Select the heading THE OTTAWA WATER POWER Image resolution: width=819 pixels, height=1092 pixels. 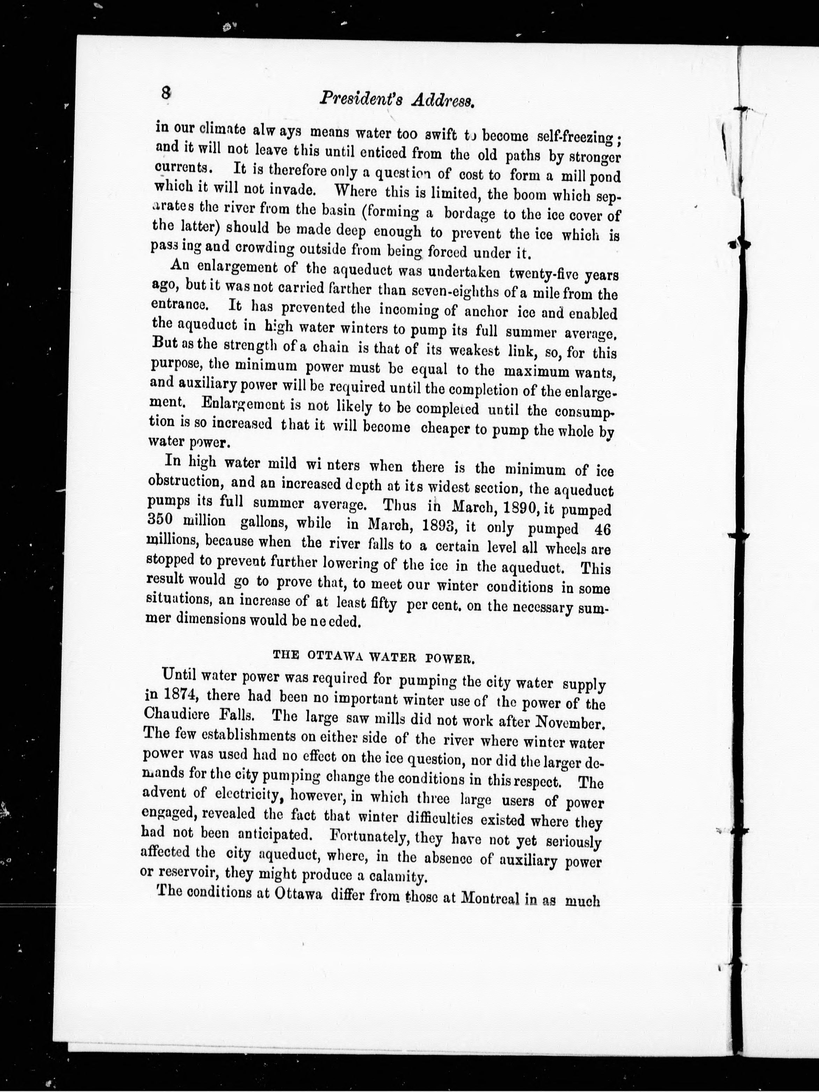[x=374, y=656]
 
